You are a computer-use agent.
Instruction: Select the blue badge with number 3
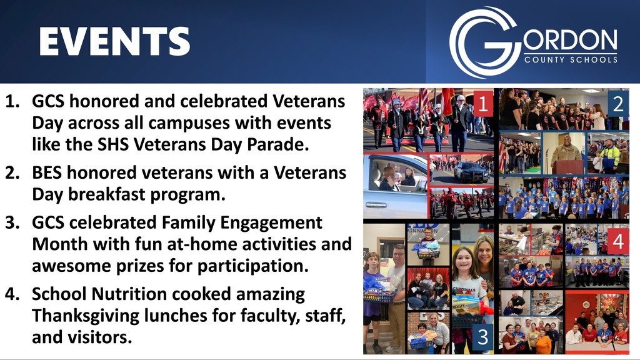(482, 338)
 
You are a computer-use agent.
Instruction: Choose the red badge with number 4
(617, 241)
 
